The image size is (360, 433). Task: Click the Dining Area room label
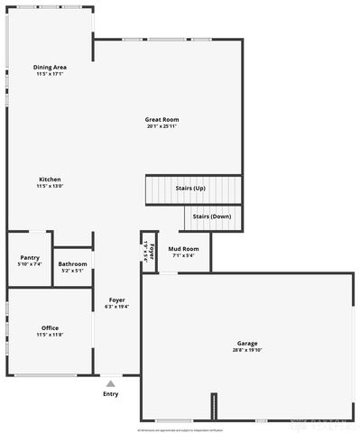(50, 67)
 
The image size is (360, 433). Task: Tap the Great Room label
(162, 119)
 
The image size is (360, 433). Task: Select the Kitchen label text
(50, 179)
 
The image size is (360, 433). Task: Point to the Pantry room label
(30, 257)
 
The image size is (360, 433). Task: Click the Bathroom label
(72, 263)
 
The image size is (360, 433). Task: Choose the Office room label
(50, 327)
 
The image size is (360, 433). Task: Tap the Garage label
(247, 343)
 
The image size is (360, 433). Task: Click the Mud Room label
(183, 248)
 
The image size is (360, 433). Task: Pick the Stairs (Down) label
(212, 216)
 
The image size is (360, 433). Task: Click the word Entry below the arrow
(110, 393)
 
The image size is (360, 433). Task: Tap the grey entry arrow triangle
(110, 383)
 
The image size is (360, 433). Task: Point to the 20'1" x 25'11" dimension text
(162, 126)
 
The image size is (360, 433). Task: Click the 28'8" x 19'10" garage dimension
(247, 350)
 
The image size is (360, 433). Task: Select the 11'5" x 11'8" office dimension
(50, 334)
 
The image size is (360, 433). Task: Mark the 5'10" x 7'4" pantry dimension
(30, 264)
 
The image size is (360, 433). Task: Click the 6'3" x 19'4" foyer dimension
(117, 307)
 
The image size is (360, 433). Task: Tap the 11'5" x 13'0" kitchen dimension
(50, 186)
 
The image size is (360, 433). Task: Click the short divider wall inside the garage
(215, 406)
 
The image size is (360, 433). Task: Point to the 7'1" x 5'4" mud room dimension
(183, 255)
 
